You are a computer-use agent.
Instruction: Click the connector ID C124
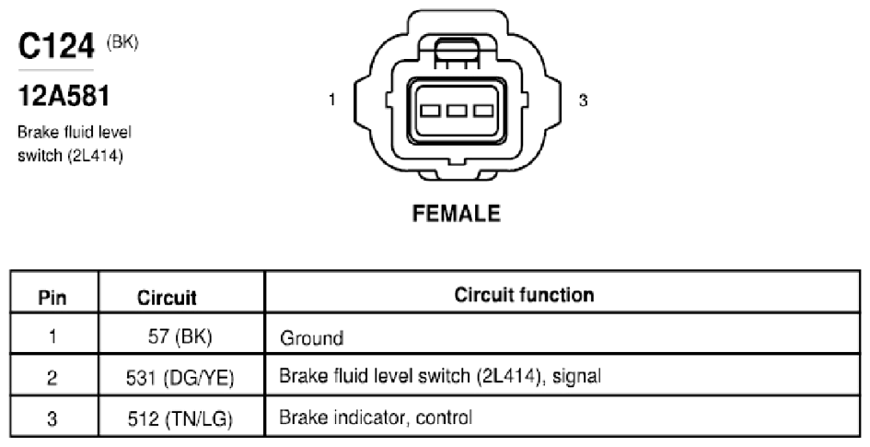pyautogui.click(x=56, y=46)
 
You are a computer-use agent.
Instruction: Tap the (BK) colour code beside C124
pyautogui.click(x=122, y=42)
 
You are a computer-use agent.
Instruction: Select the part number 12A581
pyautogui.click(x=64, y=96)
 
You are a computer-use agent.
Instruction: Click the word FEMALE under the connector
pyautogui.click(x=456, y=214)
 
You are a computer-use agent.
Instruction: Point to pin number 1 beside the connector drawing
pyautogui.click(x=331, y=100)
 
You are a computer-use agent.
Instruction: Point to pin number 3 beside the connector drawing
pyautogui.click(x=583, y=100)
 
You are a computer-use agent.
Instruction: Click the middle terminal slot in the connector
pyautogui.click(x=456, y=111)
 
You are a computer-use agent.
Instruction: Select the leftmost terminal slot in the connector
pyautogui.click(x=430, y=111)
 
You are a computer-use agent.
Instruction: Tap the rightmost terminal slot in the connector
pyautogui.click(x=482, y=111)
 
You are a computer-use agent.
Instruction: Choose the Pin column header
pyautogui.click(x=52, y=298)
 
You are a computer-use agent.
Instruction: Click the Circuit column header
pyautogui.click(x=167, y=298)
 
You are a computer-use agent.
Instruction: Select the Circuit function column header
pyautogui.click(x=524, y=294)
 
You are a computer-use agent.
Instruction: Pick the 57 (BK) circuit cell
pyautogui.click(x=180, y=336)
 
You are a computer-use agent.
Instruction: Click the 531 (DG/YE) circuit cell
pyautogui.click(x=180, y=378)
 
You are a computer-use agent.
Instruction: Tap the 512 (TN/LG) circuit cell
pyautogui.click(x=180, y=418)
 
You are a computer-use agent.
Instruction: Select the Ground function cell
pyautogui.click(x=311, y=338)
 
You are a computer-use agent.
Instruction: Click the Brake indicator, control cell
pyautogui.click(x=376, y=417)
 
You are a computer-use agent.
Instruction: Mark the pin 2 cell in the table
pyautogui.click(x=52, y=378)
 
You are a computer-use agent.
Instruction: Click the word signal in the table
pyautogui.click(x=577, y=377)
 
